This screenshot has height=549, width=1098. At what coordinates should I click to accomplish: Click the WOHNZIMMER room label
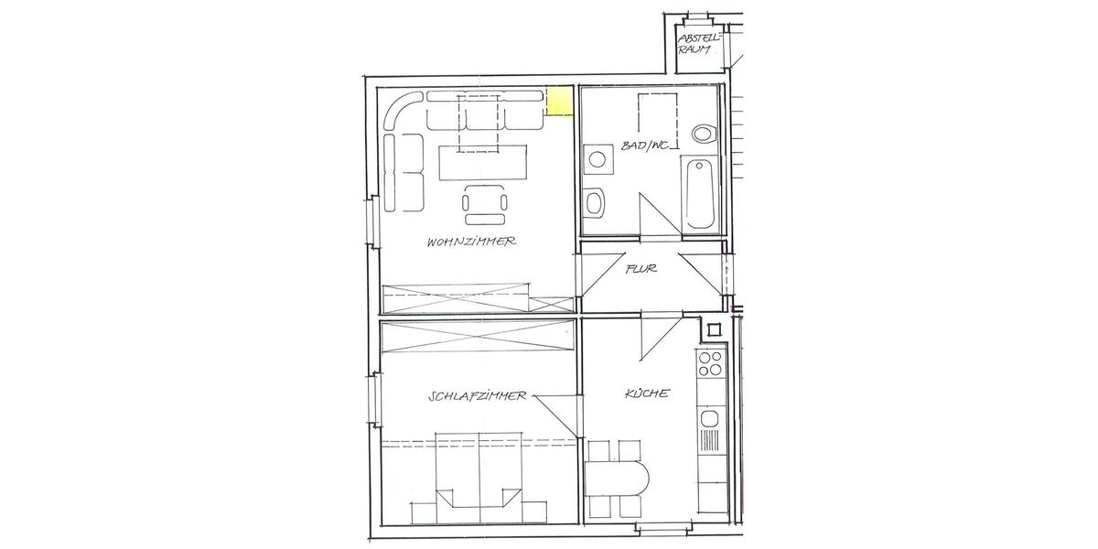[x=472, y=242]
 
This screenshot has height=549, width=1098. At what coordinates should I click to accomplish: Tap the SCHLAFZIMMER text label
[x=476, y=396]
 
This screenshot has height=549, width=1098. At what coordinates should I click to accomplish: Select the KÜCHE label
[x=647, y=393]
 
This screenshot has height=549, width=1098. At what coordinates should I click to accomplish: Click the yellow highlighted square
[x=559, y=102]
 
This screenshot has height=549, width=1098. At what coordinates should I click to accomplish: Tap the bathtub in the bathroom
[x=700, y=192]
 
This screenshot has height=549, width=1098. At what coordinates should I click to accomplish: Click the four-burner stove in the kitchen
[x=710, y=364]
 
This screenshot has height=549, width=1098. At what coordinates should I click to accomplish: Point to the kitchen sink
[x=710, y=420]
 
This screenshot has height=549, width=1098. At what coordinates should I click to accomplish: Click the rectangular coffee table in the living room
[x=484, y=164]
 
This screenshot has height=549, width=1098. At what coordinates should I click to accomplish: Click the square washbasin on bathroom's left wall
[x=598, y=159]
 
